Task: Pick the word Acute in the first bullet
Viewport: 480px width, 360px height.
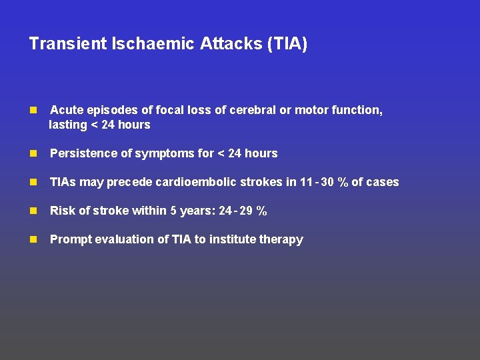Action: pos(66,110)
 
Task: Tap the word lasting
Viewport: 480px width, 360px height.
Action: pos(68,125)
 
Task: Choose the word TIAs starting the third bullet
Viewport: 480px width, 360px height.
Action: pos(63,182)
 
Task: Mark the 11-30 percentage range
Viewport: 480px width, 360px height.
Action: pos(324,182)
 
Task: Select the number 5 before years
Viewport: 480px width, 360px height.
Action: pos(173,211)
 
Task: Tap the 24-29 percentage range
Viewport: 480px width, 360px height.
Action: pos(243,211)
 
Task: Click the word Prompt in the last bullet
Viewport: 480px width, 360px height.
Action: pos(69,239)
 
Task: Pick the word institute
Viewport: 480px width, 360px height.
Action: pos(236,239)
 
